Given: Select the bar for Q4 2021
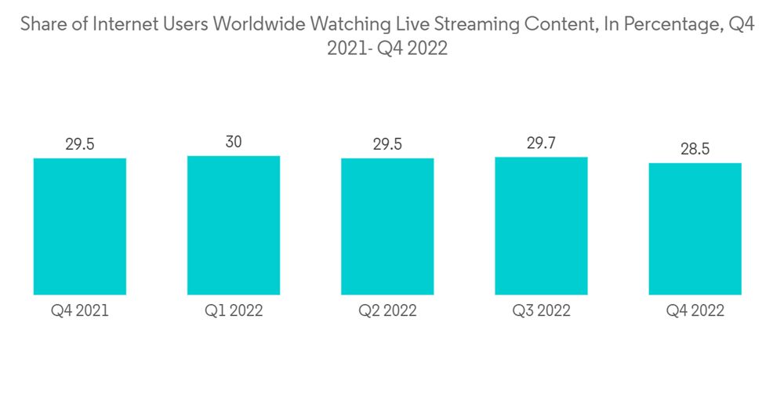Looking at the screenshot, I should [x=80, y=226].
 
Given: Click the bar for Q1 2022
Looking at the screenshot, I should [x=234, y=225].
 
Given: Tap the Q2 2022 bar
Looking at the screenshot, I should [x=387, y=226].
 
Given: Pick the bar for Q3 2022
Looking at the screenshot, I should [x=541, y=226].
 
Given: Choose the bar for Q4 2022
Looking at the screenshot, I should [x=695, y=229].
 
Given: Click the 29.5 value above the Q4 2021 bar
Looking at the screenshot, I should [x=80, y=144].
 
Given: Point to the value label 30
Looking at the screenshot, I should [x=234, y=142].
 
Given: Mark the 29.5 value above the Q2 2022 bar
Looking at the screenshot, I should [x=387, y=144].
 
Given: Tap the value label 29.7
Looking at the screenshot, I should [x=541, y=143].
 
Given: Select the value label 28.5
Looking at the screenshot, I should [x=695, y=149].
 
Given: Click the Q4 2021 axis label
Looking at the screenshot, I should [x=80, y=311].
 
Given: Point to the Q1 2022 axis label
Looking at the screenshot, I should [x=234, y=311].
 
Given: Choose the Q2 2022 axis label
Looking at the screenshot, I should [x=387, y=311].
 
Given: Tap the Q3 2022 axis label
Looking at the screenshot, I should [x=541, y=311].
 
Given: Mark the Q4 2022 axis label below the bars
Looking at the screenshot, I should [x=695, y=311].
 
